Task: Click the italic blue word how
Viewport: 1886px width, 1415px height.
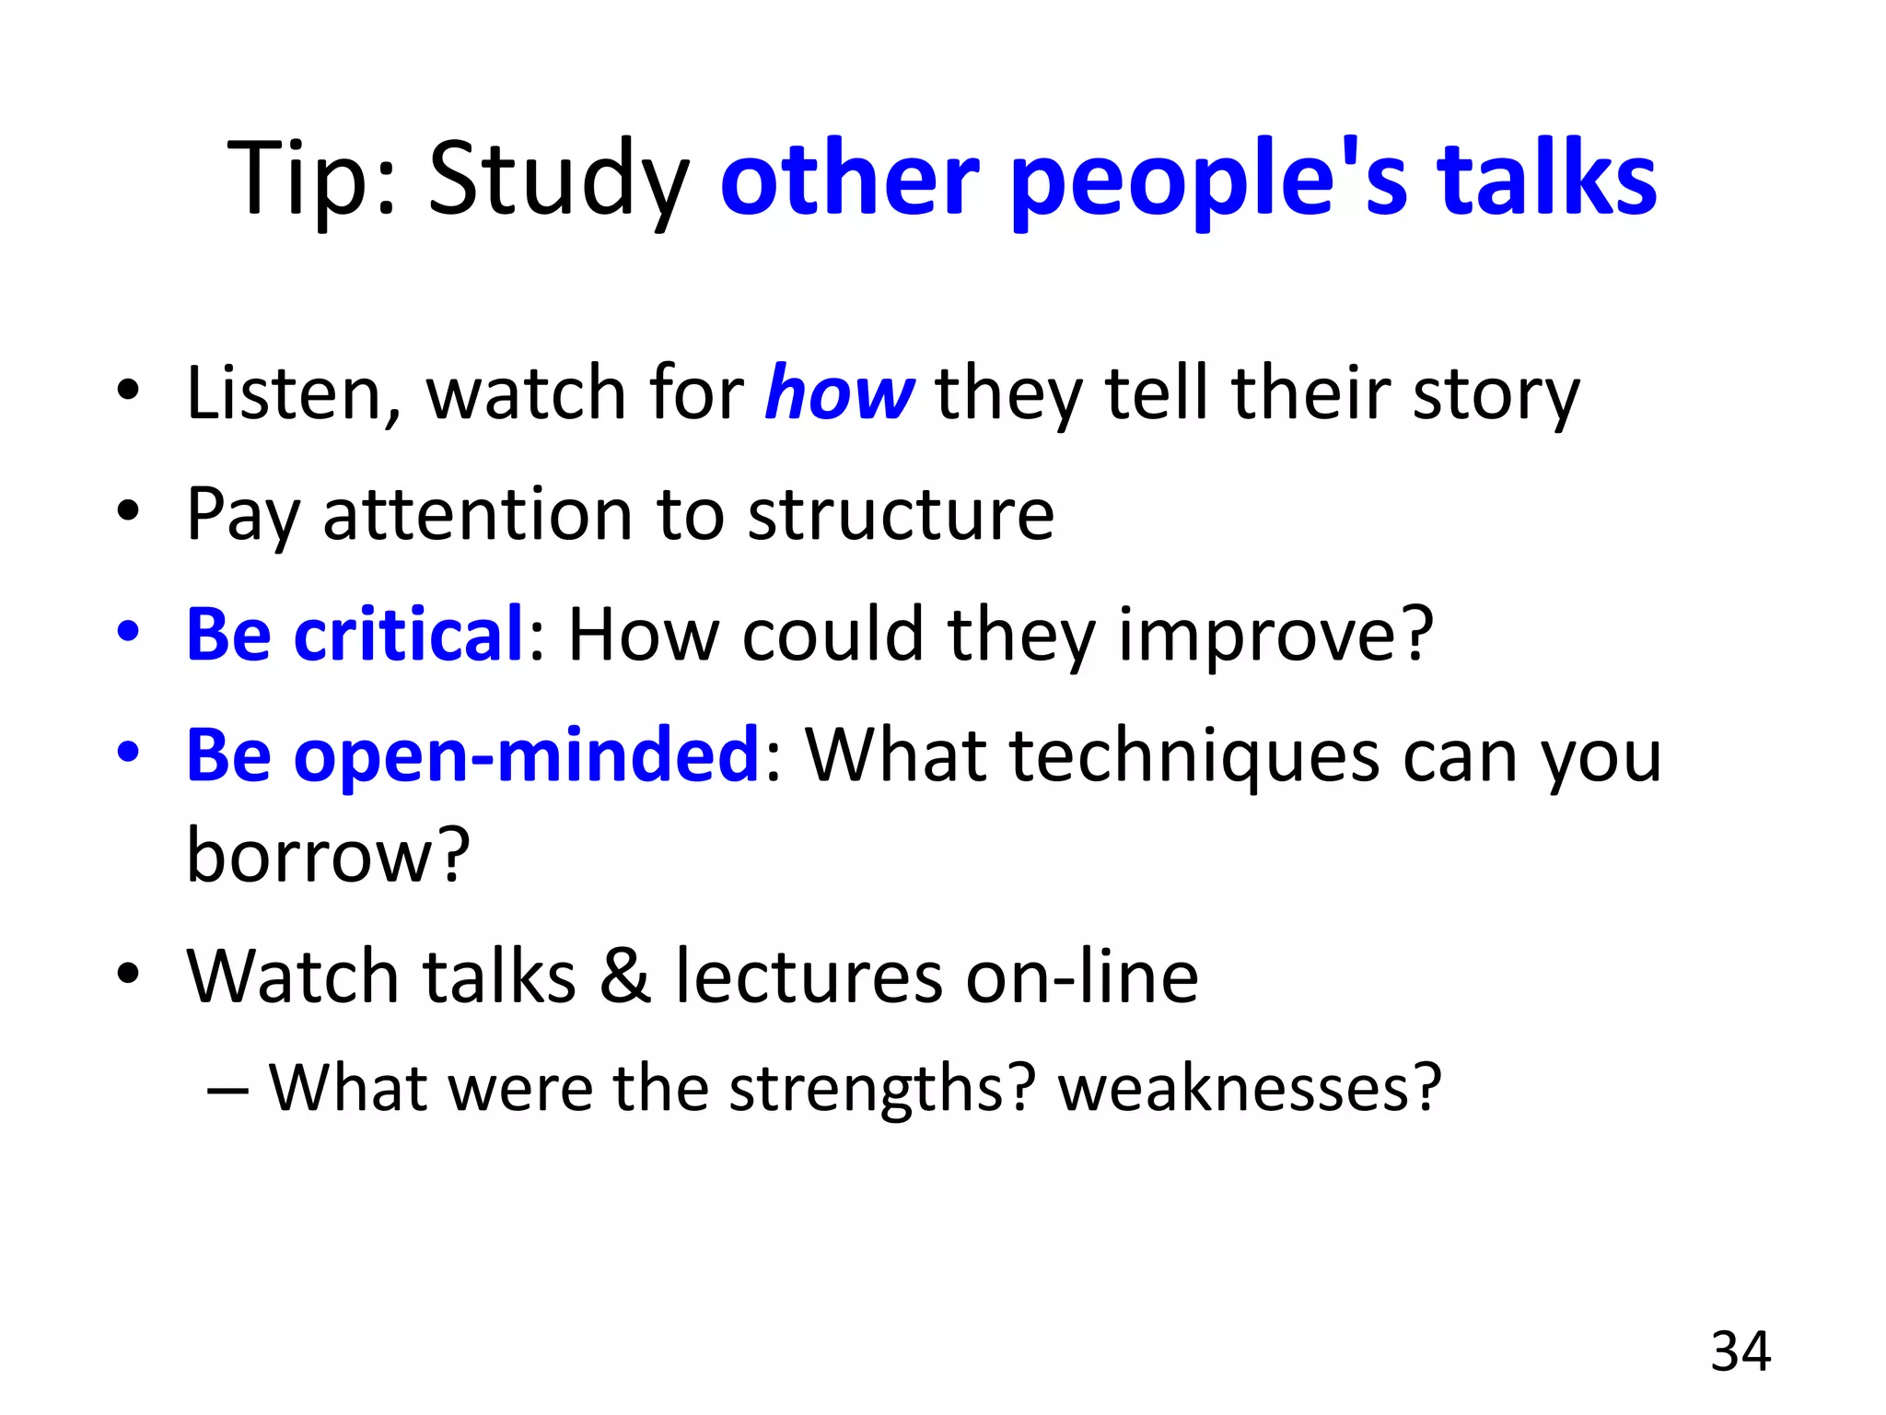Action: pyautogui.click(x=839, y=393)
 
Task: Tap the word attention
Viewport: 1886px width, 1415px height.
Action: pyautogui.click(x=477, y=514)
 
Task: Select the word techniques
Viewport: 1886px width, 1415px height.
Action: pyautogui.click(x=1194, y=757)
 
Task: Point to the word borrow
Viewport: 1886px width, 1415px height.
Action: pyautogui.click(x=328, y=855)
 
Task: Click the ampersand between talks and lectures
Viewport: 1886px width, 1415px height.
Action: pyautogui.click(x=625, y=976)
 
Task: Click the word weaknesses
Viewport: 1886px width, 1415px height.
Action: pyautogui.click(x=1249, y=1090)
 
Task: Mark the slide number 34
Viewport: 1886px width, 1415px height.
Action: pyautogui.click(x=1740, y=1351)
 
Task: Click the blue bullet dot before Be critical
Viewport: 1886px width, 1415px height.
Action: pyautogui.click(x=128, y=633)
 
